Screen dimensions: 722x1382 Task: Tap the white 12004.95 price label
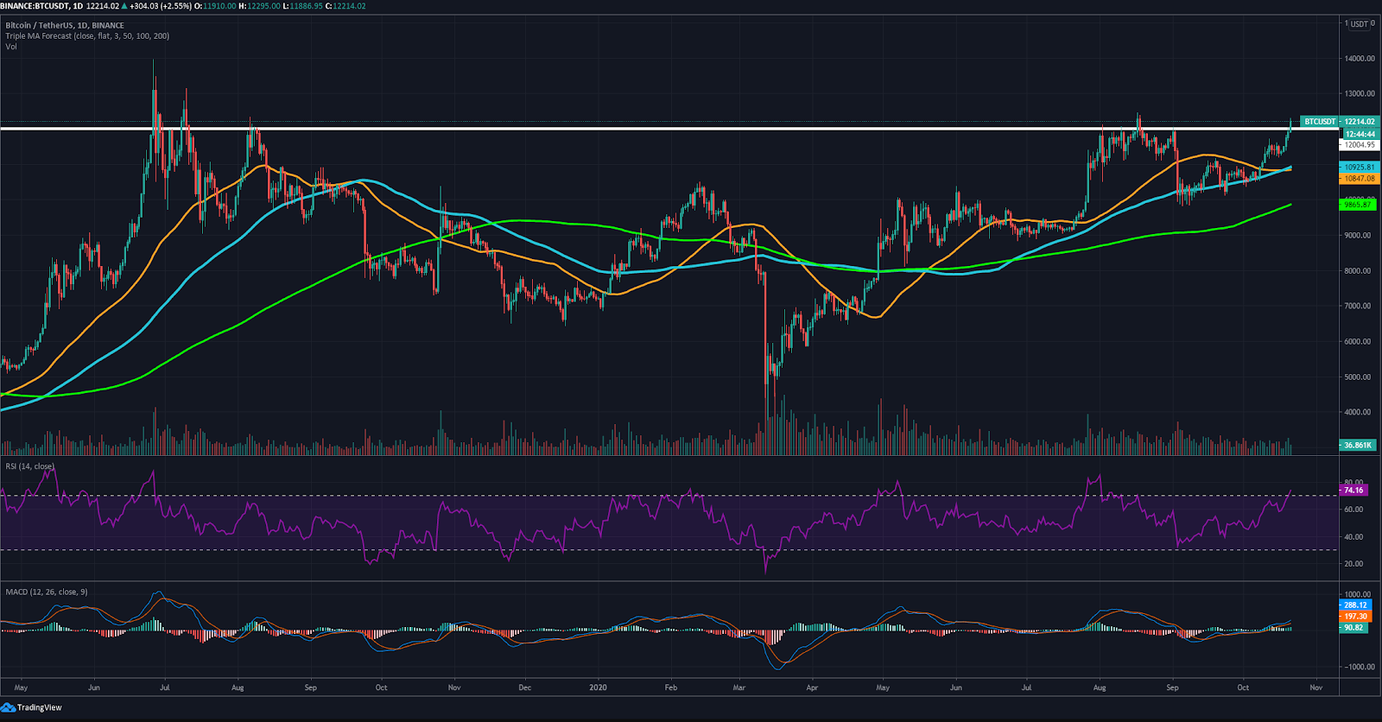[x=1360, y=145]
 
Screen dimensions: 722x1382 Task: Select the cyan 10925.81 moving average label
[x=1359, y=167]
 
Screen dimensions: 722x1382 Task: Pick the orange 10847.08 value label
[x=1359, y=179]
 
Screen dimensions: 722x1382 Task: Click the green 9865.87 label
[x=1358, y=205]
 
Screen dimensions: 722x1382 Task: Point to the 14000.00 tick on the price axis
[x=1360, y=59]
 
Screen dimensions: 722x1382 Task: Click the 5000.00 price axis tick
[x=1358, y=377]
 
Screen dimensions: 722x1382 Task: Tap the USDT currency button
[x=1359, y=24]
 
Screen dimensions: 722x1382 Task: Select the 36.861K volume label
[x=1358, y=446]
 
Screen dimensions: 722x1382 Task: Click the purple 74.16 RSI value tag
[x=1353, y=491]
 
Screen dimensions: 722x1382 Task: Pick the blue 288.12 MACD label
[x=1355, y=605]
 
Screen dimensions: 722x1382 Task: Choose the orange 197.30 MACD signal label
[x=1355, y=617]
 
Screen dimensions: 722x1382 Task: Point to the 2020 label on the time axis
[x=598, y=688]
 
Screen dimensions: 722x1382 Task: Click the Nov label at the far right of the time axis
[x=1315, y=688]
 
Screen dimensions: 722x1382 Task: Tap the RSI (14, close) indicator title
[x=30, y=466]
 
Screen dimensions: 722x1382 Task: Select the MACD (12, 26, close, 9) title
[x=47, y=592]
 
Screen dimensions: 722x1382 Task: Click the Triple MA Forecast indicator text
[x=87, y=36]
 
